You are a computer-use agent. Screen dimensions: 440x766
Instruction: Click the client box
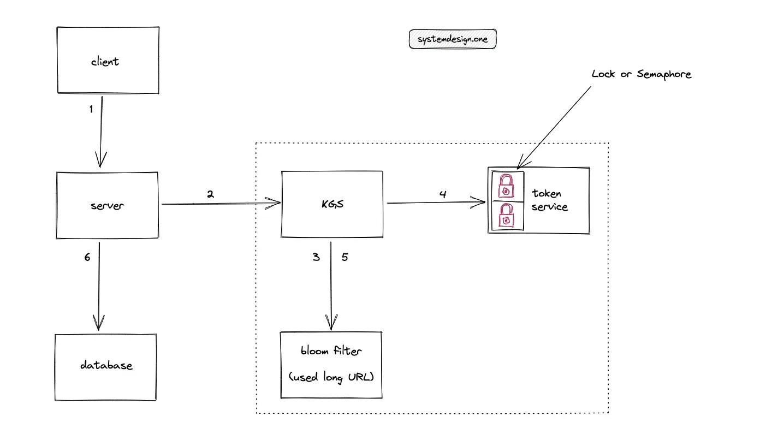click(x=108, y=60)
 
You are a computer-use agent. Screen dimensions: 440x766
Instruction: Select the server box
click(x=107, y=205)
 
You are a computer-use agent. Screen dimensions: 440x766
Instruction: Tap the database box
click(x=106, y=365)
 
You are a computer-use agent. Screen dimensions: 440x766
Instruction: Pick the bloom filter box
click(x=330, y=364)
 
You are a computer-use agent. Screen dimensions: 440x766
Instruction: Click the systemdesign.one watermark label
click(x=453, y=39)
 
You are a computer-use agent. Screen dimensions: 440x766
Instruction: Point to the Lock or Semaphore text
click(x=641, y=74)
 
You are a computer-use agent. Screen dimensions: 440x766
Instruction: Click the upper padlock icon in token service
click(x=507, y=187)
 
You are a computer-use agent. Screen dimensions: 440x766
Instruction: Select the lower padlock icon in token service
click(x=507, y=216)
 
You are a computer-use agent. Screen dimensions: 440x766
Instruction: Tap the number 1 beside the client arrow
click(x=91, y=109)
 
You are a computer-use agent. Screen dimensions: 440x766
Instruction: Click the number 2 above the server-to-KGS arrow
click(x=210, y=193)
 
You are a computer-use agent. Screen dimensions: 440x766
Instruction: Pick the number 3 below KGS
click(x=316, y=257)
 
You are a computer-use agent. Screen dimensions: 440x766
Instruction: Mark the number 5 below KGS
click(x=345, y=257)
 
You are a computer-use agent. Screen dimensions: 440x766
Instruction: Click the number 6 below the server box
click(x=87, y=257)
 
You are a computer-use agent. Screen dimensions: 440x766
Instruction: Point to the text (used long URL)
click(x=331, y=377)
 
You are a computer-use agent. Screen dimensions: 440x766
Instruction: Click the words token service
click(x=549, y=200)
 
